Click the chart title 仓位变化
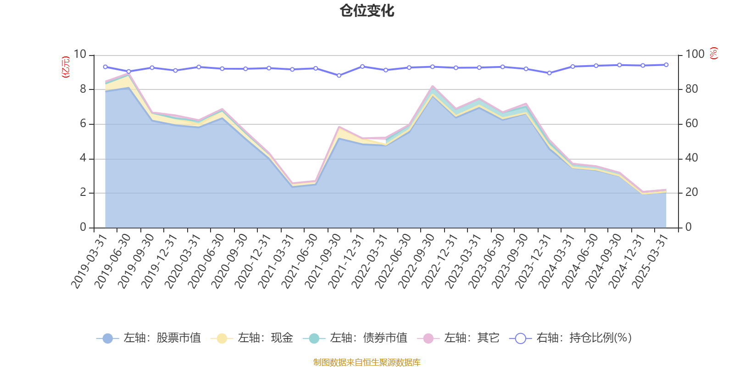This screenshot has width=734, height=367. (367, 11)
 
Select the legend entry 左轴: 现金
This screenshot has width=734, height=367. (252, 338)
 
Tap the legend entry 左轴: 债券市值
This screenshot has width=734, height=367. (356, 338)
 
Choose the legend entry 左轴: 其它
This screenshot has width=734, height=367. (458, 338)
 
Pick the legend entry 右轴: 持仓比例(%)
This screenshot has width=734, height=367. (571, 338)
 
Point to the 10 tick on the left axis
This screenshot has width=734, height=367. (80, 54)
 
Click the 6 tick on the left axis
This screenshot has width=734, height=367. (83, 123)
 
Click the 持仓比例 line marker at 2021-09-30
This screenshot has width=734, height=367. (339, 75)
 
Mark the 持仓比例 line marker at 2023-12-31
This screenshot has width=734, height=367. (549, 73)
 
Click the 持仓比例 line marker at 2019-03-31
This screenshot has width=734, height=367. (105, 67)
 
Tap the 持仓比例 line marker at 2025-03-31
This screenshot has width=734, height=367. (666, 65)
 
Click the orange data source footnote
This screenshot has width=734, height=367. (367, 362)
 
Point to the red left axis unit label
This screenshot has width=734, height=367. (66, 67)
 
